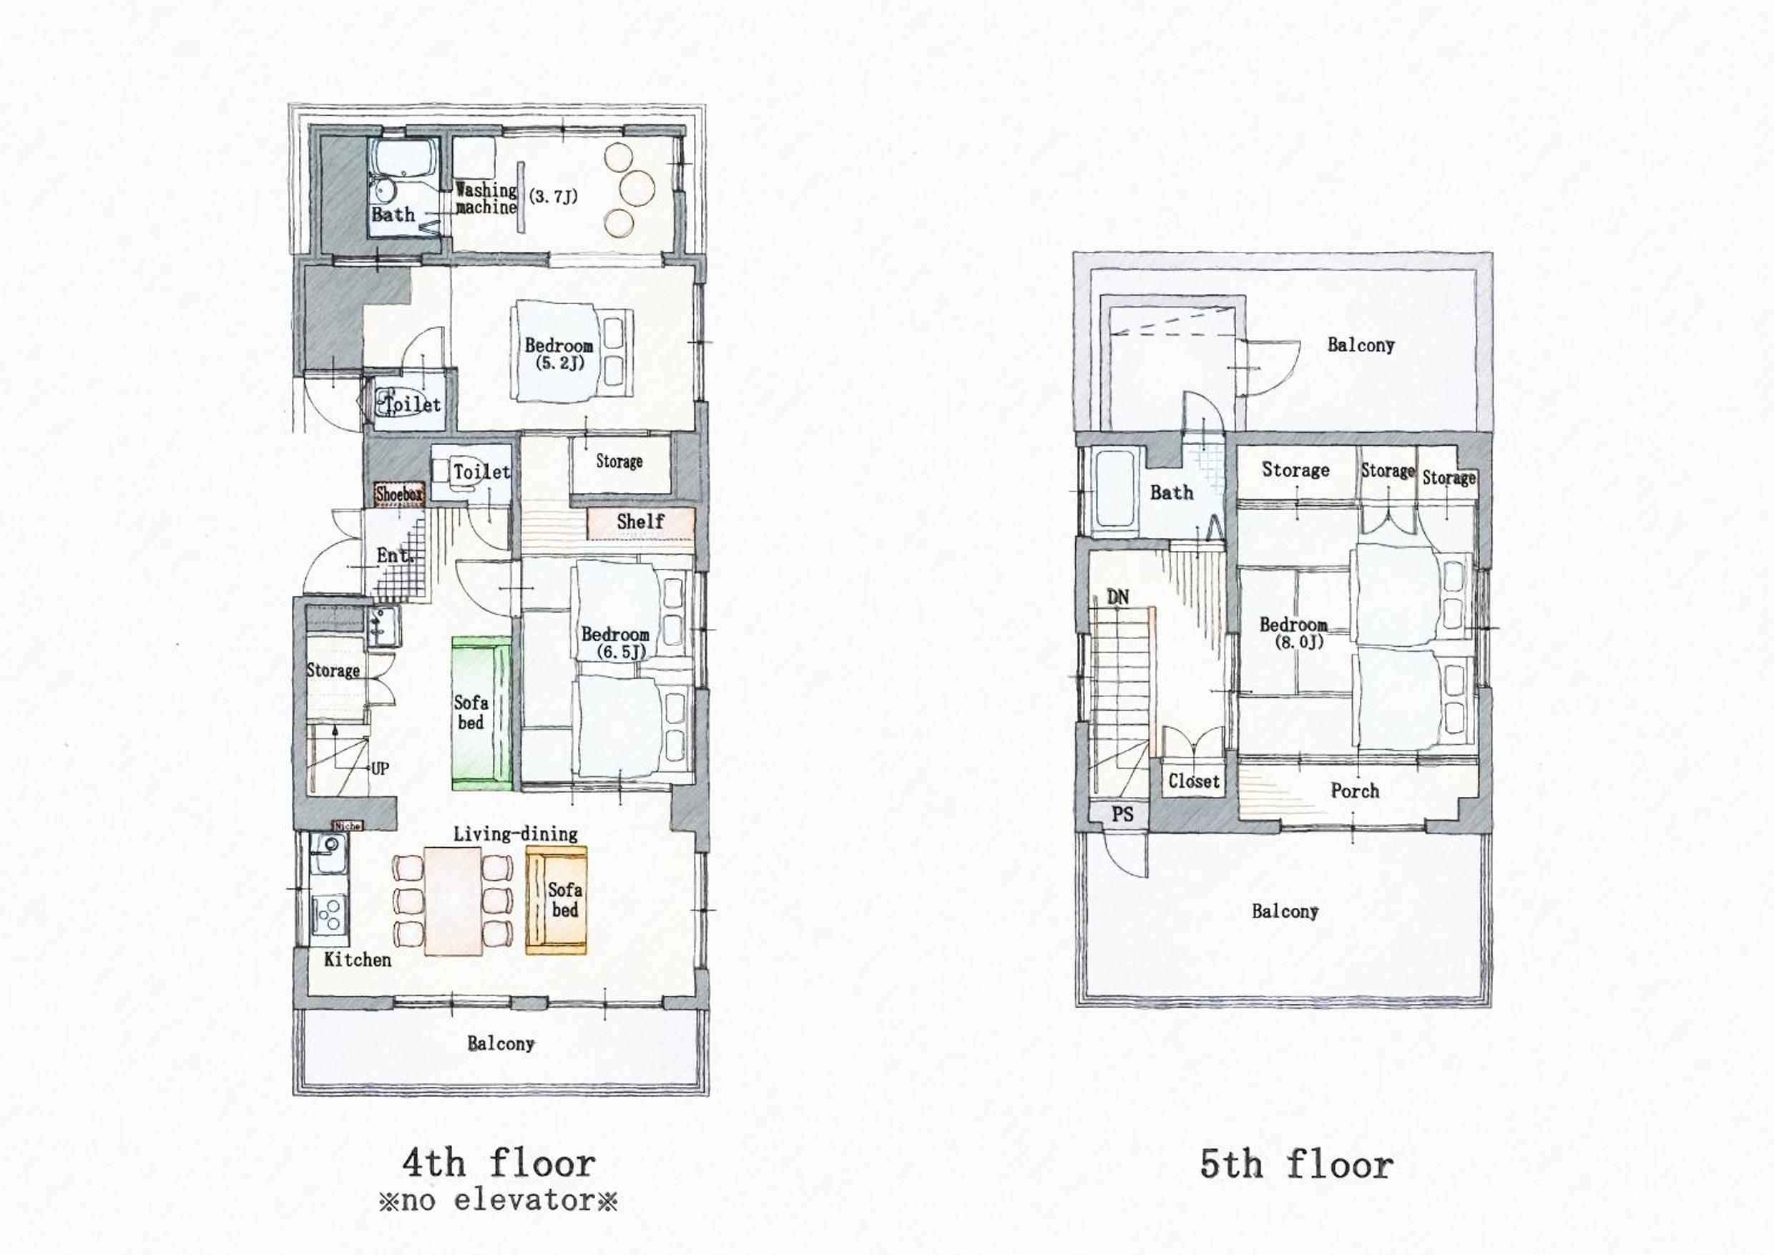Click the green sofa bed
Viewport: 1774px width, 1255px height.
[x=481, y=713]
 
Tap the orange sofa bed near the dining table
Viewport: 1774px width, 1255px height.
[x=557, y=900]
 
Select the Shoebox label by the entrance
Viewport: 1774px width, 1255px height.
[x=399, y=494]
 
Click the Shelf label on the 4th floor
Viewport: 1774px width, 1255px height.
[x=640, y=522]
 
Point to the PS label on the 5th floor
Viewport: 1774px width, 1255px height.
[x=1122, y=814]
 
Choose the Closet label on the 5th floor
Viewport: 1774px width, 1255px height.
[x=1194, y=781]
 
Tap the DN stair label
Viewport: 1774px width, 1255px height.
[x=1117, y=597]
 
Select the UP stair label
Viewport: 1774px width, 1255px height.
[x=379, y=768]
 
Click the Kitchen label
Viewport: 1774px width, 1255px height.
[x=357, y=959]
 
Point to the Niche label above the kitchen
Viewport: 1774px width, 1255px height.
[x=347, y=826]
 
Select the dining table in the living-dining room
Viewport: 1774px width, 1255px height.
[x=453, y=901]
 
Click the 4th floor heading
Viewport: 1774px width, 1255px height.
[x=499, y=1163]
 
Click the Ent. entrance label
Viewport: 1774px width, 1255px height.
[x=395, y=556]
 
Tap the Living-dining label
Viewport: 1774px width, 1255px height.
[x=515, y=834]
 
